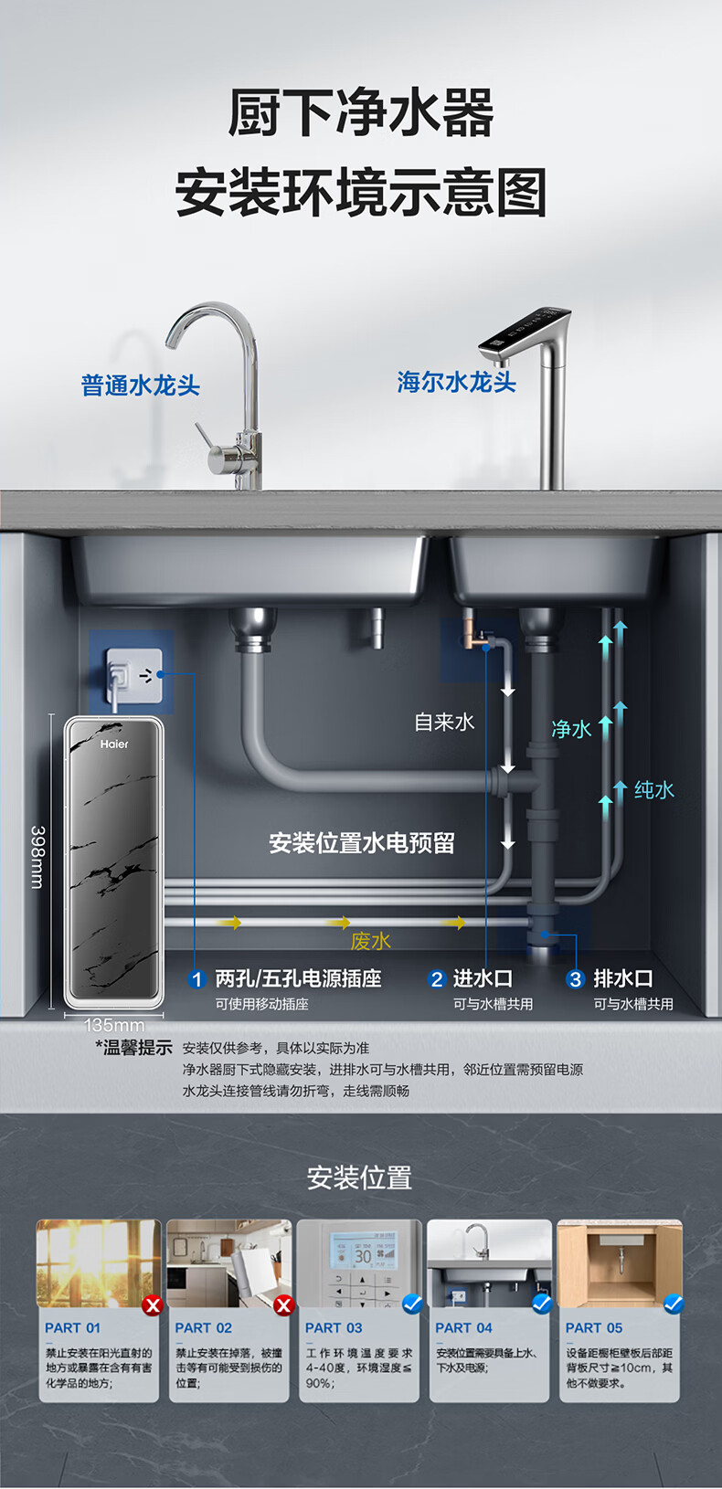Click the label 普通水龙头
[140, 385]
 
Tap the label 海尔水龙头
[456, 381]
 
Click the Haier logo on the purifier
[114, 744]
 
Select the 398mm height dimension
[37, 857]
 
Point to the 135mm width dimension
[114, 1025]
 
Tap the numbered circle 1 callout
[196, 979]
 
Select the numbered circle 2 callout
[437, 979]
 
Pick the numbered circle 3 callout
[575, 979]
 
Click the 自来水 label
[444, 722]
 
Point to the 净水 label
[571, 728]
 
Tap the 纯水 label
[654, 789]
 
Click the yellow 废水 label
[370, 941]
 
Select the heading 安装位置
[359, 1177]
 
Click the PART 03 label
[334, 1327]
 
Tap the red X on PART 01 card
[153, 1305]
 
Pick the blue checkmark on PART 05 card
[674, 1304]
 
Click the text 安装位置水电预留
[362, 842]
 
